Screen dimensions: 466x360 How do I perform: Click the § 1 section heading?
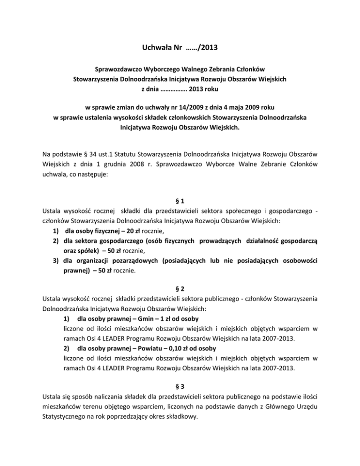pyautogui.click(x=180, y=200)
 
